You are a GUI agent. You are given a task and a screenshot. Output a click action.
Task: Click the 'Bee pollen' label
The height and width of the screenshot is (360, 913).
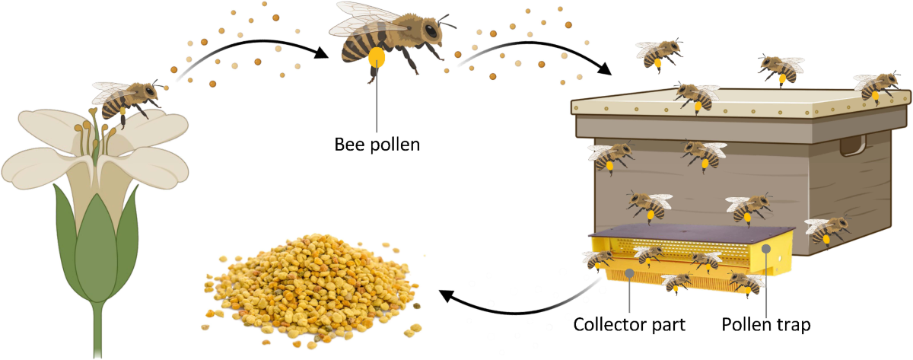pyautogui.click(x=377, y=143)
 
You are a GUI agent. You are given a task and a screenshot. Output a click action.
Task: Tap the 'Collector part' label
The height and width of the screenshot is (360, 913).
pyautogui.click(x=630, y=325)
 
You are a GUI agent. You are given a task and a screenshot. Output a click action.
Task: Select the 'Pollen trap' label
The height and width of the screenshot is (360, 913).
pyautogui.click(x=766, y=325)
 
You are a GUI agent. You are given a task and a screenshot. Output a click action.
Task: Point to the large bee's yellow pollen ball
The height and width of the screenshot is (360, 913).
pyautogui.click(x=377, y=56)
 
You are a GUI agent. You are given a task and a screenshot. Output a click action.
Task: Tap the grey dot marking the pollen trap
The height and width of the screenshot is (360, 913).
pyautogui.click(x=766, y=249)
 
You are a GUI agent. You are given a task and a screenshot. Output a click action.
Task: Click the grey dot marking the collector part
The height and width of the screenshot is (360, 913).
pyautogui.click(x=629, y=272)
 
